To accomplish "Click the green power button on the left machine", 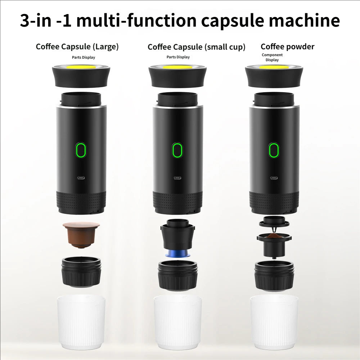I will (81, 150).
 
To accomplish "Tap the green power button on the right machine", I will (274, 150).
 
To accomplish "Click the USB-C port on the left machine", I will (81, 177).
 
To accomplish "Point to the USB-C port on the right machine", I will (274, 177).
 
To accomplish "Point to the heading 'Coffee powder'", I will (287, 46).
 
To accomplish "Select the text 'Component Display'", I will (272, 58).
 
